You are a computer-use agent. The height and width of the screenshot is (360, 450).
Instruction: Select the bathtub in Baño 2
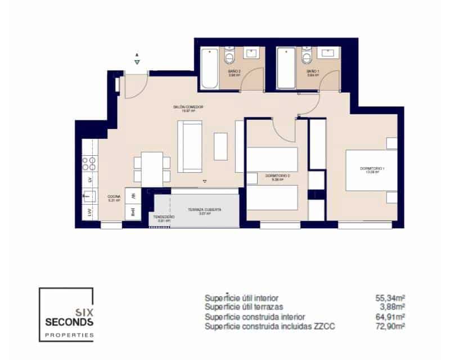[210, 68]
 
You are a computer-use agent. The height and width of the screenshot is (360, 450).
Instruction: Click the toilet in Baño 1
[307, 58]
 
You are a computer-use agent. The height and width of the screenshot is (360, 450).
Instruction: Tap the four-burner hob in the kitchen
[89, 164]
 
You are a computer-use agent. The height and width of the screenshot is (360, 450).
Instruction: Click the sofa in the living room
[190, 147]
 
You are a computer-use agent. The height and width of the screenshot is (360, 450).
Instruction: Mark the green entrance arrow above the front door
[137, 62]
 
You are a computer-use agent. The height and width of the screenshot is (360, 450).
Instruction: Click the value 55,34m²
[391, 298]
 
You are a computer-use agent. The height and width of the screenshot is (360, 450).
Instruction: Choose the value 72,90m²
[391, 326]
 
